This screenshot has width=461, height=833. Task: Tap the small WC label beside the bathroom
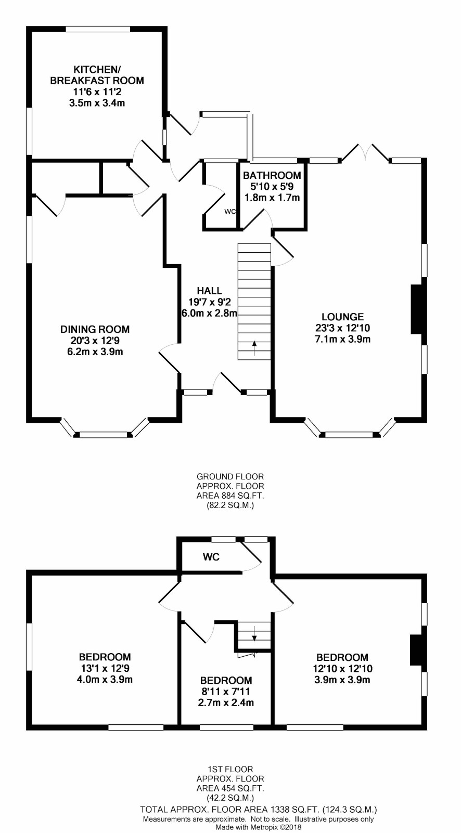pos(230,212)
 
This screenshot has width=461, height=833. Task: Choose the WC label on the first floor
pos(211,557)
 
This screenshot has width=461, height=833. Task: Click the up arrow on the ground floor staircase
pos(254,348)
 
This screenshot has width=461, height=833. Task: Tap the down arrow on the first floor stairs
pos(254,633)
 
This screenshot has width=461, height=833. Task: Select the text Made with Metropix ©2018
pos(259,827)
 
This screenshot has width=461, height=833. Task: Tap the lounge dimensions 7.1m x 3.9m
pos(343,339)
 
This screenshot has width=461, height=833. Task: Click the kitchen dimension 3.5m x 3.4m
pos(97,103)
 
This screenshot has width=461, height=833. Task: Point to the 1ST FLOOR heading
pos(230,769)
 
